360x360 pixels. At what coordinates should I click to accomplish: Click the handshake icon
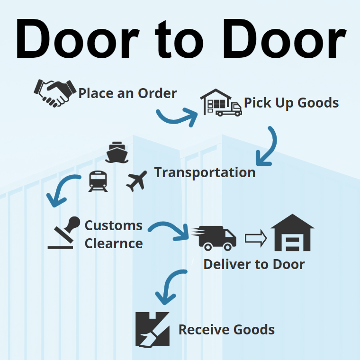click(55, 92)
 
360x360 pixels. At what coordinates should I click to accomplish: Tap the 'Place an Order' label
click(127, 93)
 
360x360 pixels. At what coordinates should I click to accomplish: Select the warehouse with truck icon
click(220, 102)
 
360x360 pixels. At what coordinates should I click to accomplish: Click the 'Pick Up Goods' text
click(291, 103)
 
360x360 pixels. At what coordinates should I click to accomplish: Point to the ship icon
click(117, 152)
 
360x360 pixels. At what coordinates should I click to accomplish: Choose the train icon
click(98, 181)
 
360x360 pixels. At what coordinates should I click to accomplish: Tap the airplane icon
click(136, 181)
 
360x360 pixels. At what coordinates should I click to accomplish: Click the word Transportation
click(205, 172)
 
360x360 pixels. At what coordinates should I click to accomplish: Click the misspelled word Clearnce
click(114, 243)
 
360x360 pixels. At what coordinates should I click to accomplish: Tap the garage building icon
click(292, 233)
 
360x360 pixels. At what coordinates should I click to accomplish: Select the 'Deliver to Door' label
click(254, 264)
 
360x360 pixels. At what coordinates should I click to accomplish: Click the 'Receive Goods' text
click(226, 330)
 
